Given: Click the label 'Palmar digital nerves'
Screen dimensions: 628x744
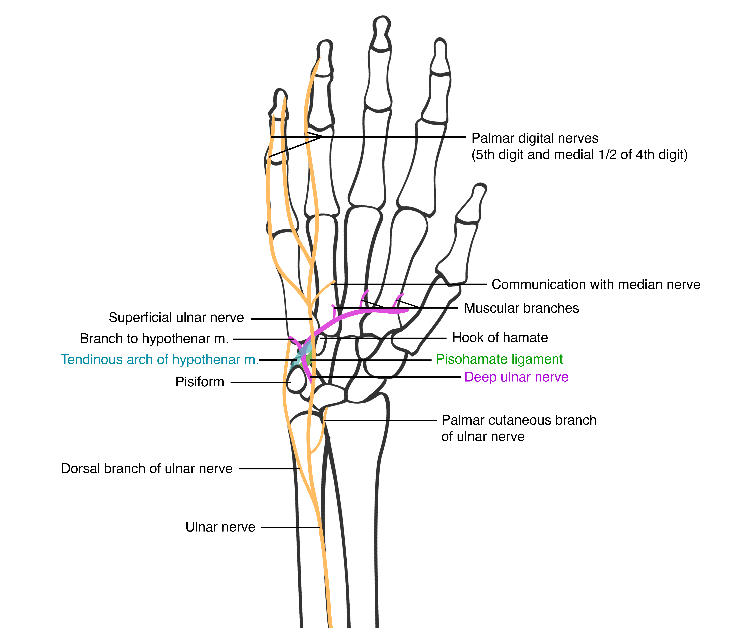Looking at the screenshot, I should click(x=534, y=138).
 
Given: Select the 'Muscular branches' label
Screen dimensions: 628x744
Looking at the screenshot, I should click(x=521, y=308).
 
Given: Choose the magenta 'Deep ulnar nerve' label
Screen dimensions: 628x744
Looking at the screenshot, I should click(x=516, y=377).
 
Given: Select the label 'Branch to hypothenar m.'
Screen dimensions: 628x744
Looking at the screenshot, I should click(x=154, y=339).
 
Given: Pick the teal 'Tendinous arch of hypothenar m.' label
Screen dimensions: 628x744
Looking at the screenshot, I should click(x=159, y=360).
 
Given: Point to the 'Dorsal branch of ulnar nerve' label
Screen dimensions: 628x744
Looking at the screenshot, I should click(x=146, y=468).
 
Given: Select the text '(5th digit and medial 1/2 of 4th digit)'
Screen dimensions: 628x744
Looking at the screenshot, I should click(x=579, y=155).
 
